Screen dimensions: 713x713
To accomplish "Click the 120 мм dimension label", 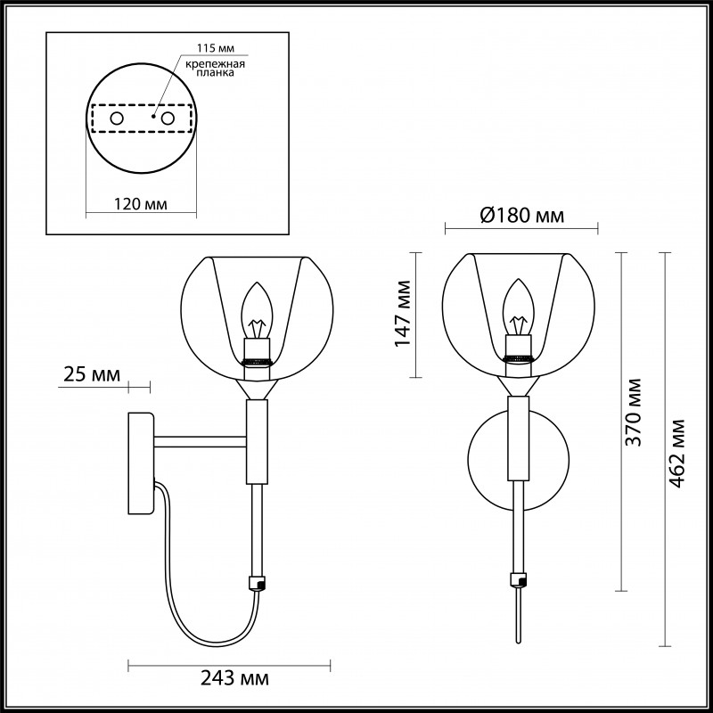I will [141, 204].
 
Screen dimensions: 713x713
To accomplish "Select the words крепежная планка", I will [211, 70].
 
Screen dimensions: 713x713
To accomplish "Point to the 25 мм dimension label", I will [93, 374].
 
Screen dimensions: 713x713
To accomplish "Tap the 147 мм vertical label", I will [404, 314].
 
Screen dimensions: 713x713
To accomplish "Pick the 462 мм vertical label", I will [680, 450].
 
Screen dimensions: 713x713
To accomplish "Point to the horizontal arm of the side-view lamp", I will [201, 439].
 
